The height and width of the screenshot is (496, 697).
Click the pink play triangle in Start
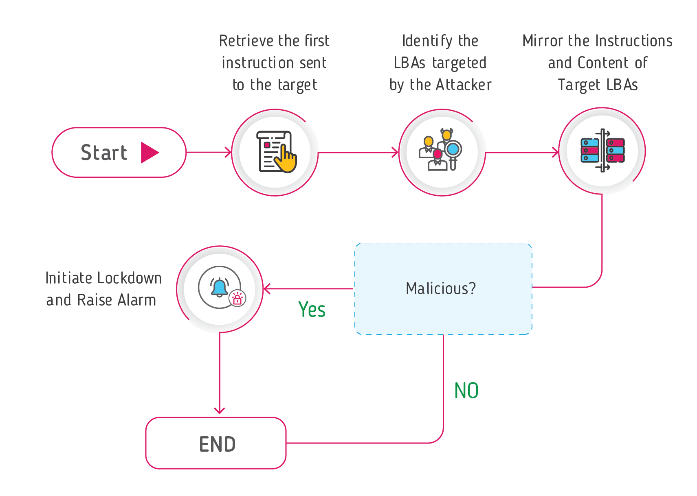(x=149, y=153)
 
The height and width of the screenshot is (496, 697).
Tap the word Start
(x=104, y=153)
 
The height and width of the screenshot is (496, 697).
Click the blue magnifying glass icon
(x=453, y=150)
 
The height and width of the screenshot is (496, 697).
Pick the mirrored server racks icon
(x=602, y=151)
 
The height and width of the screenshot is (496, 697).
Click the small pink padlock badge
(x=237, y=299)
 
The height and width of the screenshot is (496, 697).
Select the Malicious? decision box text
(x=441, y=288)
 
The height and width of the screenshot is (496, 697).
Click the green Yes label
(x=312, y=310)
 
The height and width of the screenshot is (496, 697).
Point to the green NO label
(x=466, y=391)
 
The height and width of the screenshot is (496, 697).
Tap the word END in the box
(x=217, y=444)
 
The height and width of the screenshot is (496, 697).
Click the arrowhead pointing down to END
(x=220, y=411)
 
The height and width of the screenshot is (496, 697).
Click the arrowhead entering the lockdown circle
(x=267, y=289)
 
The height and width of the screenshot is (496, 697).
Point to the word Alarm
(x=136, y=300)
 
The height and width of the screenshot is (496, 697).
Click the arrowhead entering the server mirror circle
(x=556, y=153)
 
